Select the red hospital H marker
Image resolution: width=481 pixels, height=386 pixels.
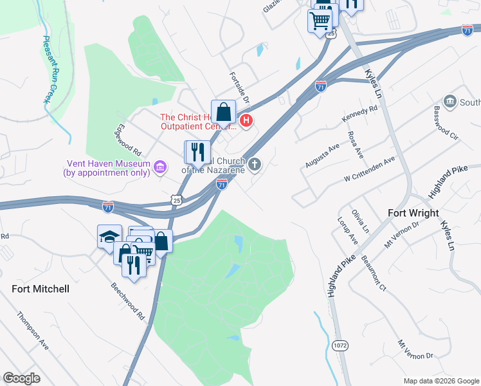pos(245,120)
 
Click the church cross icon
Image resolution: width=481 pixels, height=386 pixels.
pos(255,165)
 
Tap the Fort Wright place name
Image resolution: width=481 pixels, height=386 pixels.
pos(413,213)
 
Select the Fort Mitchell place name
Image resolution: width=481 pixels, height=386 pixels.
pos(40,289)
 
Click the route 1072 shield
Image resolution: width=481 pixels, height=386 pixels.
pos(340,345)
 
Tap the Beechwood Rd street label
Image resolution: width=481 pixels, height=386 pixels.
pos(127,301)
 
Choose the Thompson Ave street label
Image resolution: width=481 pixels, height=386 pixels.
pos(33,331)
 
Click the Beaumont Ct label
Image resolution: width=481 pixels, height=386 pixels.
pos(373,273)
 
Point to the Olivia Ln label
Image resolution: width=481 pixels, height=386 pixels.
pos(361,221)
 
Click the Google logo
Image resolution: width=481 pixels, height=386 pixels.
pos(21,378)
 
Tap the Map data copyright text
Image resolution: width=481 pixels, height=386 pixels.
pos(440,380)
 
